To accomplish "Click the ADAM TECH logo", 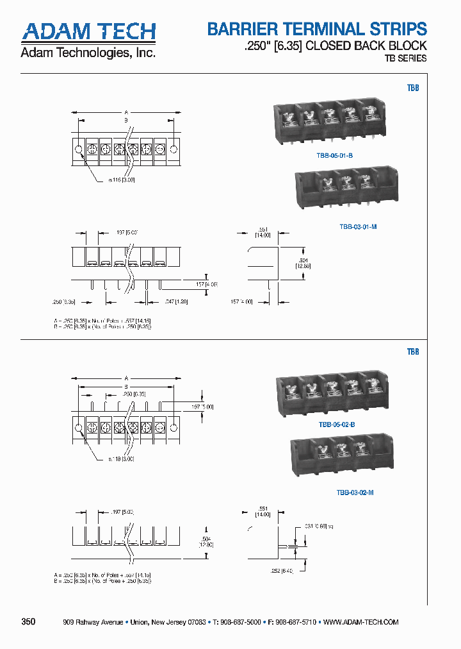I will pos(88,31).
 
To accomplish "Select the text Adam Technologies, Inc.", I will pos(88,53).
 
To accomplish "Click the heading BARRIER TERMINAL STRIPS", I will pos(316,29).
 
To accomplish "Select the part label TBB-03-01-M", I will pos(357,226).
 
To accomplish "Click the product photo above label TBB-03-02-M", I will pos(341,459).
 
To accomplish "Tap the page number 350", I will pos(28,622).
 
